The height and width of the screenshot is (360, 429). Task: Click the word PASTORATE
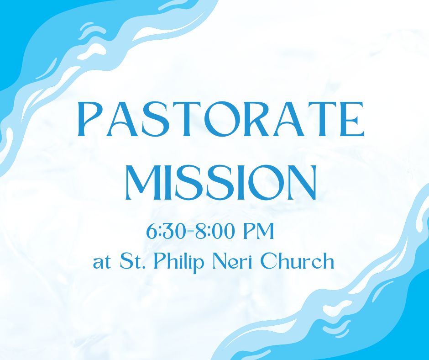click(x=221, y=119)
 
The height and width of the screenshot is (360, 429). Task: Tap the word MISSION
click(x=221, y=182)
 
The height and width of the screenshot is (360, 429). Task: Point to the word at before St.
click(x=102, y=263)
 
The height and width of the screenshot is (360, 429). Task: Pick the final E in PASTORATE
click(x=352, y=119)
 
